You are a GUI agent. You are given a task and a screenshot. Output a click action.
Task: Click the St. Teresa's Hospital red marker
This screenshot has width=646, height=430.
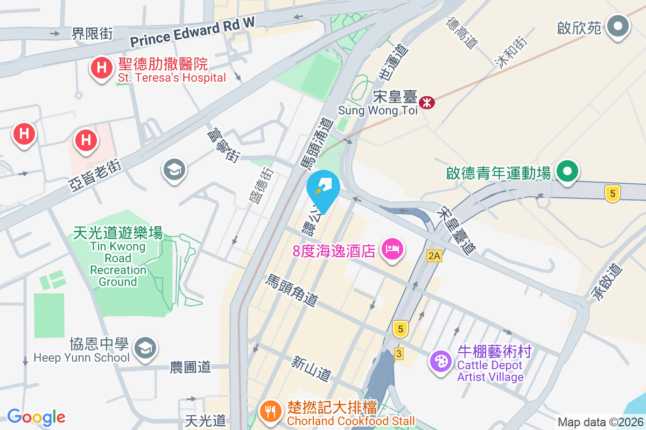[x=101, y=68]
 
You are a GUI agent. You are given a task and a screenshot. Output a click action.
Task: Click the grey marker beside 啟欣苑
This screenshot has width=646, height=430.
[x=618, y=26]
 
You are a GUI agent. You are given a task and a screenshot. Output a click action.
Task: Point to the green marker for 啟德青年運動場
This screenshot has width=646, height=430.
[x=566, y=171]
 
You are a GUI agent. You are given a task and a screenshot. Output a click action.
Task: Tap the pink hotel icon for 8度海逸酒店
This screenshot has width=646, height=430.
[x=392, y=249]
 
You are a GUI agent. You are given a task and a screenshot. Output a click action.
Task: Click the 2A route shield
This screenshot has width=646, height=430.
[x=434, y=256]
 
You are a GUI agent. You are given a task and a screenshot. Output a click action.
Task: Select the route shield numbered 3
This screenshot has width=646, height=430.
[x=398, y=353]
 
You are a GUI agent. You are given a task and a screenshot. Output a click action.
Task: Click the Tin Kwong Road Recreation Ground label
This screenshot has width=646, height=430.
[x=118, y=257]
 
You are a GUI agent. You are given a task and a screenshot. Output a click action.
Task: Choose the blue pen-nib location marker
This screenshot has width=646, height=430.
[x=323, y=188]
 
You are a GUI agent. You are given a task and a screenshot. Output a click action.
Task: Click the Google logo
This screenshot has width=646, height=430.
[x=36, y=417]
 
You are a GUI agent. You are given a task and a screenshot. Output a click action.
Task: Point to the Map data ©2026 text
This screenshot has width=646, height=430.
[x=600, y=422]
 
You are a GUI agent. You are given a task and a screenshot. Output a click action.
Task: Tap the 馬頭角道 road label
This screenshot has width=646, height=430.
[x=292, y=290]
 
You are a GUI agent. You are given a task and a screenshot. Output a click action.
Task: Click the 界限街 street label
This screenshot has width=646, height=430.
[x=92, y=33]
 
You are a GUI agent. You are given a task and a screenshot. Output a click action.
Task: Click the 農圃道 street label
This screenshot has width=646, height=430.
[x=190, y=368]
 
